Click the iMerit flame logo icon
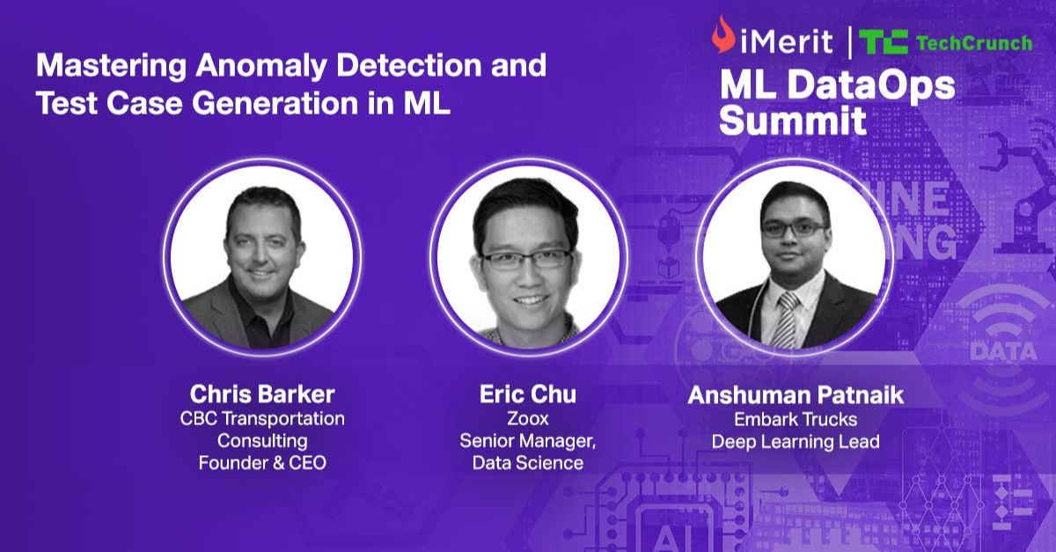coord(723,34)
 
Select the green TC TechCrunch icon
coord(883,42)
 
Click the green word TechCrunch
coord(974,43)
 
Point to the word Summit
coord(793,121)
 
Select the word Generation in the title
coord(275,103)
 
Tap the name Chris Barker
coord(262,394)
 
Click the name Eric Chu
coord(527,394)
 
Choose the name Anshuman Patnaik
coord(796,395)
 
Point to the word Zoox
coord(527,418)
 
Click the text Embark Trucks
coord(796,419)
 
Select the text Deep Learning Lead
coord(796,442)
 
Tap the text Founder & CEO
coord(262,463)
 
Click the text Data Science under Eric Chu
coord(527,463)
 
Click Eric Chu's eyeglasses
coord(527,260)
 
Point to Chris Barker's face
coord(262,246)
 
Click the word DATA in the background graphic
coord(1003,352)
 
